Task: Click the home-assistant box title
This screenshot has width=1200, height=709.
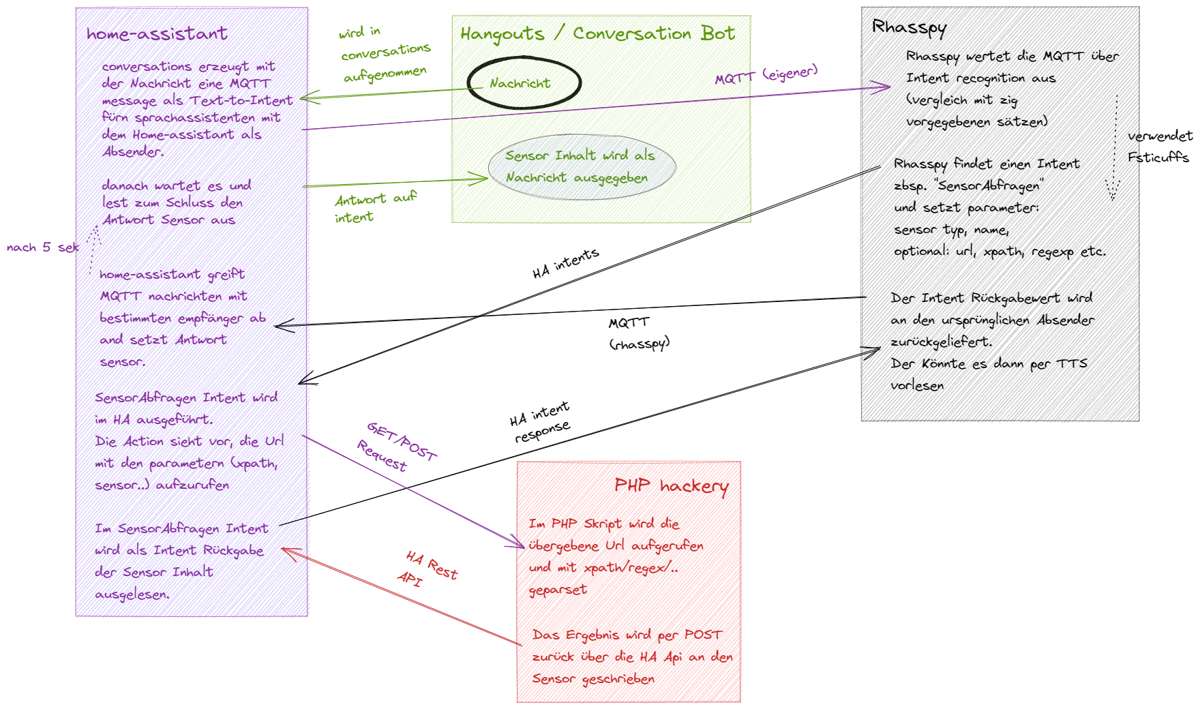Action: click(x=157, y=33)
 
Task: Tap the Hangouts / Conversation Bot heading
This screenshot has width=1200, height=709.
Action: click(x=597, y=33)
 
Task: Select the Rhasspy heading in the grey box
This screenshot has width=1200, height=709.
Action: click(x=910, y=27)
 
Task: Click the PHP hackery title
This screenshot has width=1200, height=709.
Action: click(x=672, y=485)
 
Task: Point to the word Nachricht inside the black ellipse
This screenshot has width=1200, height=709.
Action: click(x=520, y=83)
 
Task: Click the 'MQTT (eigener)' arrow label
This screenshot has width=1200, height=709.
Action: click(x=766, y=74)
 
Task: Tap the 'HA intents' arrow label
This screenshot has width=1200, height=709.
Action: click(x=565, y=263)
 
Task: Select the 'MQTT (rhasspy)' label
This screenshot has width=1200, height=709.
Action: click(x=639, y=333)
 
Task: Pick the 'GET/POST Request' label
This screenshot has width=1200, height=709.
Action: click(x=396, y=447)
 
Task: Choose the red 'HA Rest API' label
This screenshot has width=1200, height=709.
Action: click(x=427, y=569)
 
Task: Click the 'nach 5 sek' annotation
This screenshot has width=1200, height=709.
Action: click(x=42, y=247)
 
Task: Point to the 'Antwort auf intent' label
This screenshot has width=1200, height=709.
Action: click(x=374, y=208)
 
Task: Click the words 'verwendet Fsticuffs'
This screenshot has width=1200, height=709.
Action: click(x=1159, y=147)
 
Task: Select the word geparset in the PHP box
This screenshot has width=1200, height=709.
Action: click(x=558, y=590)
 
